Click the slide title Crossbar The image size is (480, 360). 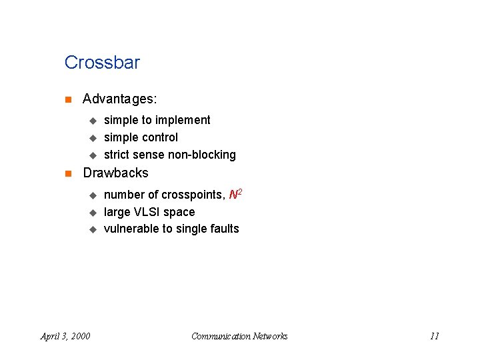(x=102, y=63)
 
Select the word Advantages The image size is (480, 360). (x=119, y=99)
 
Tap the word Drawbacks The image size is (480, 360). (x=115, y=173)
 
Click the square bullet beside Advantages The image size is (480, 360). (x=67, y=100)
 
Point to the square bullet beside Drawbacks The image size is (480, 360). (x=67, y=173)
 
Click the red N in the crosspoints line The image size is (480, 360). (x=233, y=195)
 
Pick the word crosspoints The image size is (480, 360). (x=191, y=195)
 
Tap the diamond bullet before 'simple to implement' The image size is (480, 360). (x=93, y=121)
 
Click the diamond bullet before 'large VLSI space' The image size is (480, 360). (x=93, y=213)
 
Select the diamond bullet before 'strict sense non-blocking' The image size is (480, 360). (x=93, y=155)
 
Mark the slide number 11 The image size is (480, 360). (x=434, y=336)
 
